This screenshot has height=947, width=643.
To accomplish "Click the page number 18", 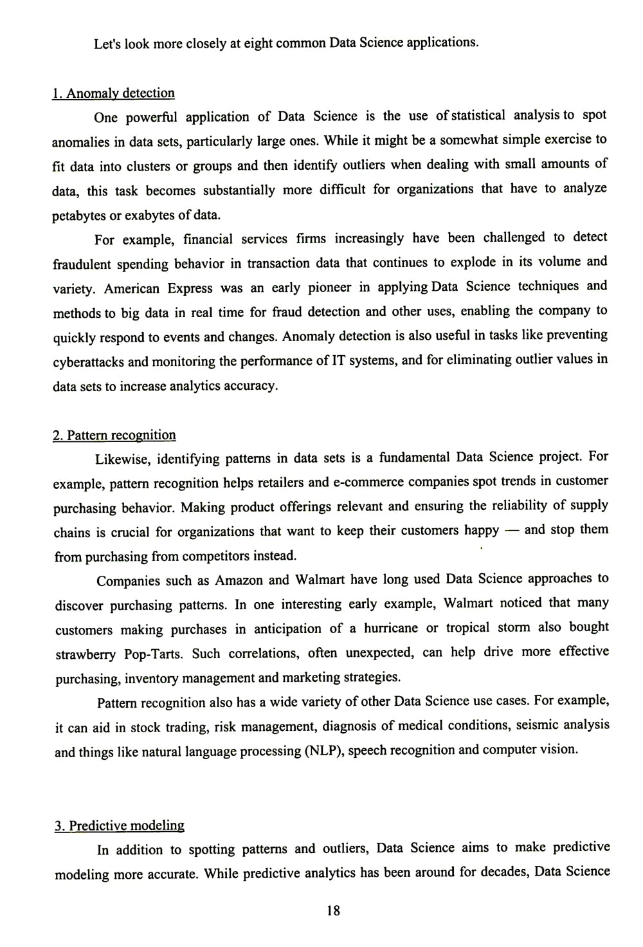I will [333, 910].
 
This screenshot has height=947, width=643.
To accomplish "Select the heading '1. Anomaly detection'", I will [113, 93].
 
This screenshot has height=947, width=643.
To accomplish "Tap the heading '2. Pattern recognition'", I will [114, 436].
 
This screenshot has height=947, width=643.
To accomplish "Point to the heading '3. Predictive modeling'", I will [119, 825].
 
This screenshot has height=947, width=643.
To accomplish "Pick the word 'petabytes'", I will [80, 216].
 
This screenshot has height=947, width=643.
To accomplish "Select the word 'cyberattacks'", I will [88, 362].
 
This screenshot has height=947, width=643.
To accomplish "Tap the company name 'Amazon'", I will [239, 580].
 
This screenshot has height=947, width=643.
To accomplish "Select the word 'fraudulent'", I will [82, 264].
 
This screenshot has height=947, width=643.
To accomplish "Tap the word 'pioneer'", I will [329, 288].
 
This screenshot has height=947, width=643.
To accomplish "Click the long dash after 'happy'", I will [511, 531].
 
